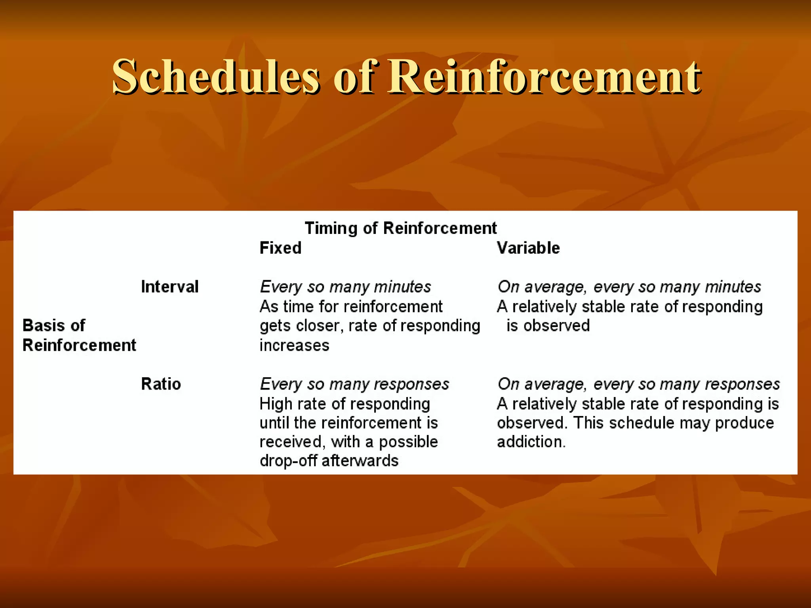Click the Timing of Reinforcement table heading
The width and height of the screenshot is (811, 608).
[400, 228]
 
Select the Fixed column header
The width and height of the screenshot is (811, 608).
[280, 248]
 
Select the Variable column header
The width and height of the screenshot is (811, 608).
[528, 248]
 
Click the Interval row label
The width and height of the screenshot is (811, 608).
[169, 287]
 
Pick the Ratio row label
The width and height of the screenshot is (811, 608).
[161, 384]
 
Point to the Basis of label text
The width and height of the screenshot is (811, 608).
[54, 325]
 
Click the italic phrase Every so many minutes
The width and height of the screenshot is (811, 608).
[345, 287]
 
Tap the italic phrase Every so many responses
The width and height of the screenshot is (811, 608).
[354, 384]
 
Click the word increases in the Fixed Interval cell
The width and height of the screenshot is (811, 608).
[294, 346]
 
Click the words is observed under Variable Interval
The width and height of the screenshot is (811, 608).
[548, 326]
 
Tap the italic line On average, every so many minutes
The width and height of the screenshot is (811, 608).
[629, 287]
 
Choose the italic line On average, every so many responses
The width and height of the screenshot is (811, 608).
[638, 384]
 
